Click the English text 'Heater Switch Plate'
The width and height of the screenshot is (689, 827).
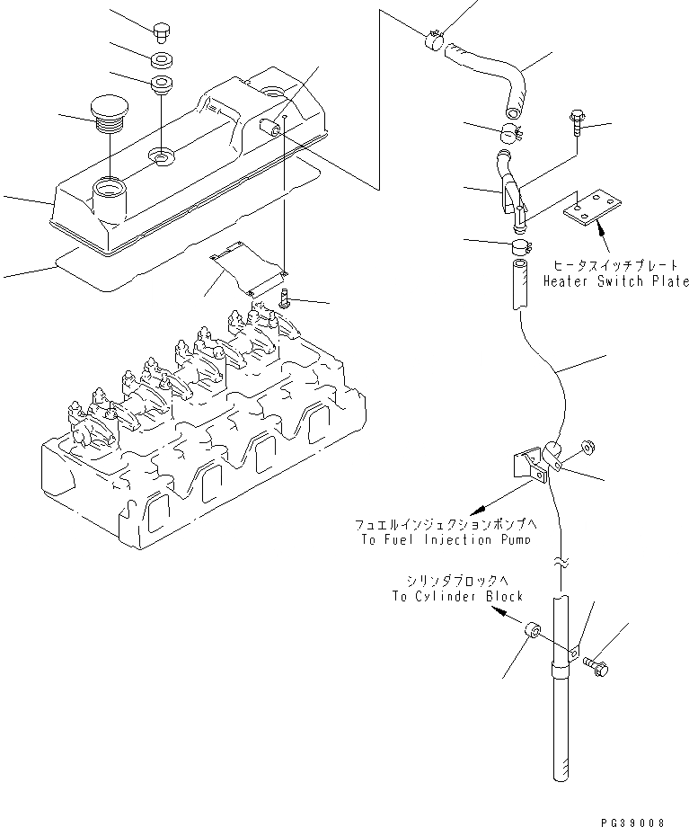tap(615, 281)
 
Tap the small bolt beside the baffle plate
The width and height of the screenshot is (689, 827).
tap(285, 298)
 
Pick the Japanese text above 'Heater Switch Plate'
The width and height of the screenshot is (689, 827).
tap(621, 267)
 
